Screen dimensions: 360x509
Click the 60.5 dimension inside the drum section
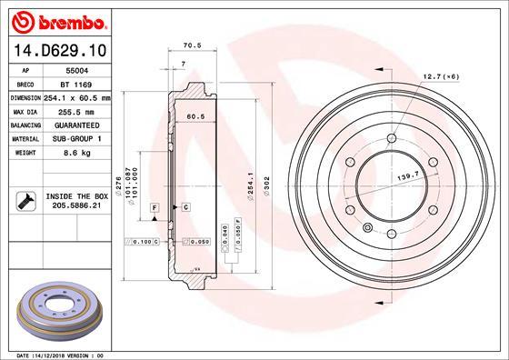tap(194, 116)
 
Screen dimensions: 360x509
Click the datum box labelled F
tap(155, 208)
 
